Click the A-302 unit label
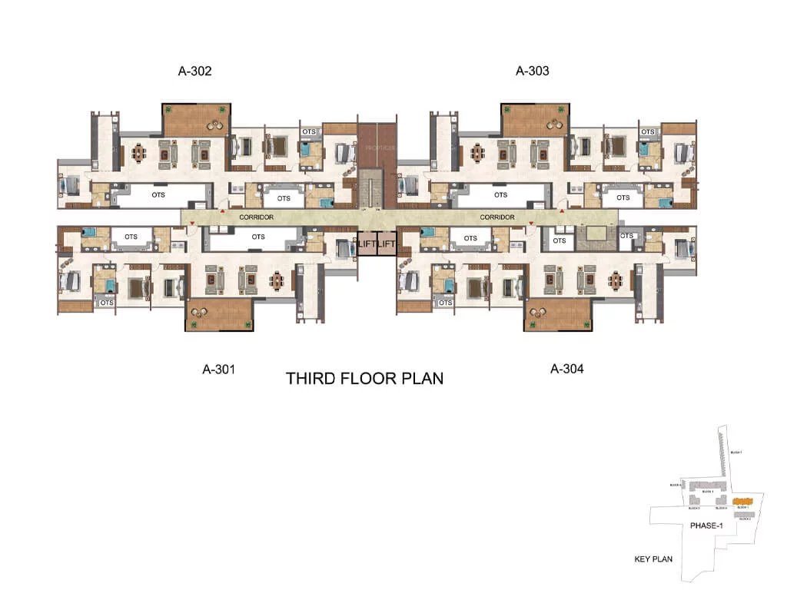click(194, 71)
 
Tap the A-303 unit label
click(532, 71)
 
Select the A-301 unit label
click(218, 369)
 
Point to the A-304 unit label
click(567, 369)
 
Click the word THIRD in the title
click(312, 379)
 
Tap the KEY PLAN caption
click(653, 559)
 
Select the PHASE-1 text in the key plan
click(707, 525)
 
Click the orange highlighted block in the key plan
click(742, 500)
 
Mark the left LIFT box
click(367, 244)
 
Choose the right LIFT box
click(386, 244)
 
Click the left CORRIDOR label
click(256, 217)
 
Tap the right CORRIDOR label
click(497, 217)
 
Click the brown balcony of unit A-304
click(558, 315)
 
